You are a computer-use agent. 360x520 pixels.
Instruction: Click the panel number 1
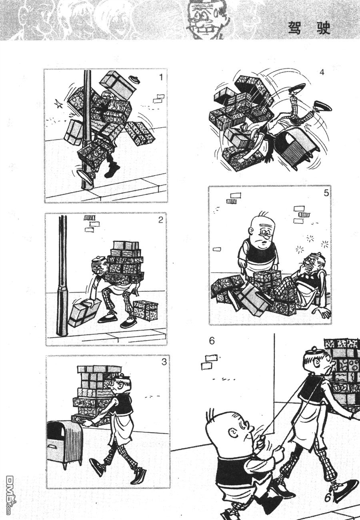[161, 77]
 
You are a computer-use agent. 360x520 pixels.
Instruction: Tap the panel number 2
[161, 220]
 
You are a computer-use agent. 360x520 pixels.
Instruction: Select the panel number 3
[164, 362]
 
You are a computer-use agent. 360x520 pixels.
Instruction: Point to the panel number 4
[322, 72]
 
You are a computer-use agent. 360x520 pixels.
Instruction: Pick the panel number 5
[326, 193]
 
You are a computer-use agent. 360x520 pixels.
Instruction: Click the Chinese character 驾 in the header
[295, 28]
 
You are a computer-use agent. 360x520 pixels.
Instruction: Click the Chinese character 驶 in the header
[324, 28]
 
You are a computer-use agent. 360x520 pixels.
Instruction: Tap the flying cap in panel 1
[135, 80]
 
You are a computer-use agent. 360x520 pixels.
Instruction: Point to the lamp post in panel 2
[62, 276]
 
